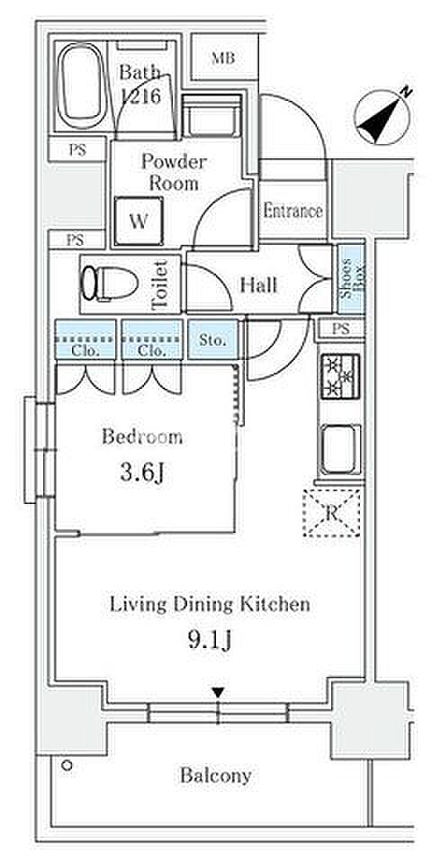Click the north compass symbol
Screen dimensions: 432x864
pyautogui.click(x=383, y=116)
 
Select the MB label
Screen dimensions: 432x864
pyautogui.click(x=223, y=58)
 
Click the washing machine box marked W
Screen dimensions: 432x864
pyautogui.click(x=139, y=221)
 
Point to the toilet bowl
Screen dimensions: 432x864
pyautogui.click(x=109, y=283)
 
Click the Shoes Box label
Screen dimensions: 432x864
pyautogui.click(x=351, y=278)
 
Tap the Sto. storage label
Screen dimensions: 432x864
pyautogui.click(x=212, y=341)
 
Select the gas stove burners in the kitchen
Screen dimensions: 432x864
pyautogui.click(x=340, y=376)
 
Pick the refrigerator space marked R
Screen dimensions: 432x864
pyautogui.click(x=332, y=513)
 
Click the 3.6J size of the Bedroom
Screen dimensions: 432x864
pyautogui.click(x=142, y=473)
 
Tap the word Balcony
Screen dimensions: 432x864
pyautogui.click(x=215, y=776)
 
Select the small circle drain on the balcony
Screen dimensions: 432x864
pyautogui.click(x=67, y=765)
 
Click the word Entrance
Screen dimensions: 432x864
pyautogui.click(x=292, y=211)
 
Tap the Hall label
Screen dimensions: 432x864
pyautogui.click(x=258, y=285)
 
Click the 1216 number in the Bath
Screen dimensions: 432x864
pyautogui.click(x=140, y=97)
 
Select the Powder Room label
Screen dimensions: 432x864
pyautogui.click(x=174, y=172)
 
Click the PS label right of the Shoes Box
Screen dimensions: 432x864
pyautogui.click(x=341, y=329)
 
